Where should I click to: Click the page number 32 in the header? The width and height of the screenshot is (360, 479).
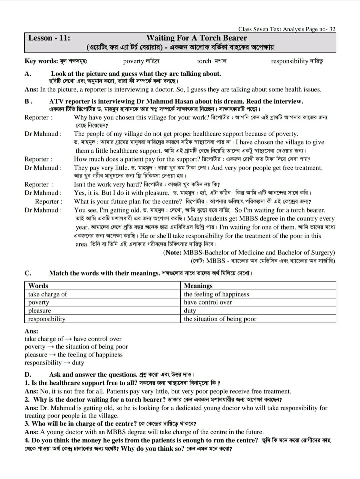(332, 29)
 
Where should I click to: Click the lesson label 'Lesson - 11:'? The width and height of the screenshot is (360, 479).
(49, 38)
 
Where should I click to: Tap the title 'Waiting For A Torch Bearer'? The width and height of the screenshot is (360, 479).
(197, 38)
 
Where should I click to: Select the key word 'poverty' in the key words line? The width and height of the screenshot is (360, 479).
(133, 61)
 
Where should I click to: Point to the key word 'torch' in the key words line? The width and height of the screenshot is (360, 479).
(204, 61)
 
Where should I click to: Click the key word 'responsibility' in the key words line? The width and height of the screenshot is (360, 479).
(289, 61)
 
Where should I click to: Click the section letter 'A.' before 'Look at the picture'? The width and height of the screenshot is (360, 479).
(28, 74)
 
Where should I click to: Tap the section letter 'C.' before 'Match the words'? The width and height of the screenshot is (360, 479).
(28, 273)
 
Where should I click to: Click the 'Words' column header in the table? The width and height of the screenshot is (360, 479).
(38, 286)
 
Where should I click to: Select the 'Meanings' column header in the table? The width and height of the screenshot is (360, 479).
(198, 286)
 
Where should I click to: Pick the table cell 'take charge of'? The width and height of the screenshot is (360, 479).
(47, 294)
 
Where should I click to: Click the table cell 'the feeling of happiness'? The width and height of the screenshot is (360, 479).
(216, 294)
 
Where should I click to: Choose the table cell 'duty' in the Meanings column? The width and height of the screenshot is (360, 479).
(190, 311)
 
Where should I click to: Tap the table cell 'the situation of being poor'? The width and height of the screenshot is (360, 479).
(220, 319)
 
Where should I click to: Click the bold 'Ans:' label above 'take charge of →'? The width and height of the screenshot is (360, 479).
(31, 331)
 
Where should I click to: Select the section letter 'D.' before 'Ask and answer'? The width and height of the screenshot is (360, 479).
(28, 375)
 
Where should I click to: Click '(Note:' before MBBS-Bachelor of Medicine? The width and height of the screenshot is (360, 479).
(172, 253)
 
